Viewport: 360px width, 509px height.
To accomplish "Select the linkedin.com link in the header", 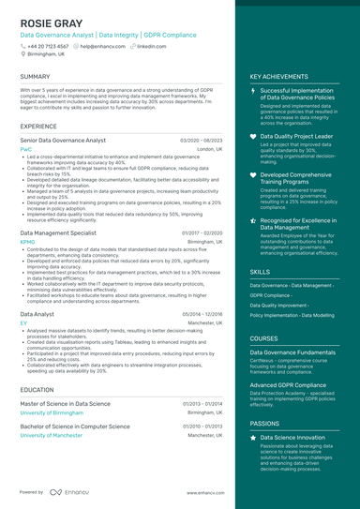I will pyautogui.click(x=151, y=45).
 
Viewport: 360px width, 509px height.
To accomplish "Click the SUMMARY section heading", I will pyautogui.click(x=35, y=76).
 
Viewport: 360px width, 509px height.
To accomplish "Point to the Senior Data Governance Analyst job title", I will pyautogui.click(x=63, y=140).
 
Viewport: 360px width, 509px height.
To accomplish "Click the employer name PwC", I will pyautogui.click(x=25, y=149).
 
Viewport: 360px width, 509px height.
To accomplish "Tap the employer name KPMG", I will pyautogui.click(x=27, y=241).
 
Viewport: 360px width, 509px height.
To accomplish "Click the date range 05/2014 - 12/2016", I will pyautogui.click(x=202, y=314).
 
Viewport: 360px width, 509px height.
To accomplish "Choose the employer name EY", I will pyautogui.click(x=23, y=322).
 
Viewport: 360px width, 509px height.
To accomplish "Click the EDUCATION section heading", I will pyautogui.click(x=37, y=389).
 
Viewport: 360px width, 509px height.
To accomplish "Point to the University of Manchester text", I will pyautogui.click(x=54, y=435).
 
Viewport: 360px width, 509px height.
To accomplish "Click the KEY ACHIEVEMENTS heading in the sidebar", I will pyautogui.click(x=278, y=76).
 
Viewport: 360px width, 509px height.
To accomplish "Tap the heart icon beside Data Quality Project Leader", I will pyautogui.click(x=253, y=136).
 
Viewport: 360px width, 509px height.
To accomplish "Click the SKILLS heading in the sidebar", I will pyautogui.click(x=260, y=271).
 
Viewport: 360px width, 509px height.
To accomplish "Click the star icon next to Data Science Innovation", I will pyautogui.click(x=253, y=437).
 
